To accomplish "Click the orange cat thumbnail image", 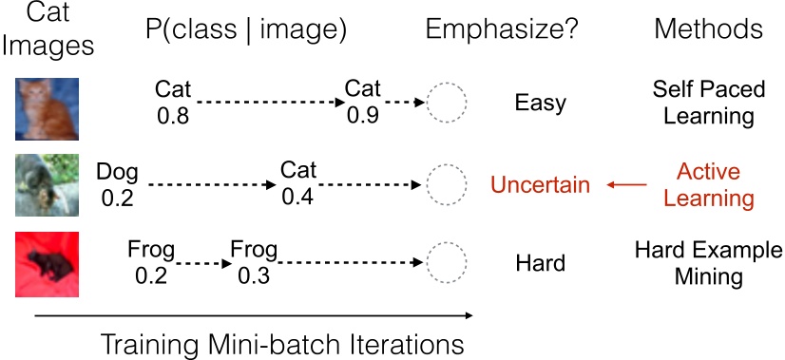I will coord(47,103).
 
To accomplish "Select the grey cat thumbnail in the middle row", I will coord(47,184).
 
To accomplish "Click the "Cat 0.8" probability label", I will coord(172,103).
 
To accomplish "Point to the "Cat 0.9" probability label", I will coord(362,103).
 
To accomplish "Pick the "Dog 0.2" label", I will coord(118,185).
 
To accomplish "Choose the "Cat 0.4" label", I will coord(298,185).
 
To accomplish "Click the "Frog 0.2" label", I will coord(151,263).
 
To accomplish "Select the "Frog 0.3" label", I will coord(254,263).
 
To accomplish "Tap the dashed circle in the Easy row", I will coord(446,103).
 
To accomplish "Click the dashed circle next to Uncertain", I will coord(446,185).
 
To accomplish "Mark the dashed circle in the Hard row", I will coord(446,263).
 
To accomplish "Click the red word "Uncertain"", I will coord(541,185).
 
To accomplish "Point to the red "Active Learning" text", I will coord(708,185).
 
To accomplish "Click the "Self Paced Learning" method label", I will coord(703,103).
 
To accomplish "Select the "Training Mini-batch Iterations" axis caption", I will coord(282,342).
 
